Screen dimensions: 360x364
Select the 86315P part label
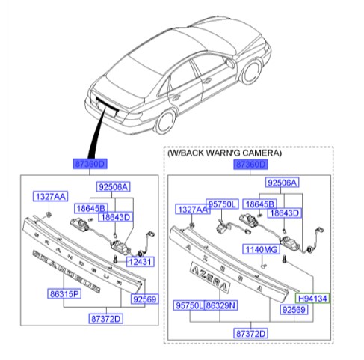pyautogui.click(x=65, y=294)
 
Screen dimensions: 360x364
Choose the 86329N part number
pyautogui.click(x=220, y=306)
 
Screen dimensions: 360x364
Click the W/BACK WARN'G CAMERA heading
pyautogui.click(x=224, y=153)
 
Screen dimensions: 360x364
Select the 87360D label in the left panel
pyautogui.click(x=90, y=164)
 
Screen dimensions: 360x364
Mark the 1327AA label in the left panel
pyautogui.click(x=49, y=196)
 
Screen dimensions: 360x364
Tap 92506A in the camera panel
pyautogui.click(x=282, y=183)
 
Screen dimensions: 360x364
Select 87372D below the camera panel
pyautogui.click(x=253, y=332)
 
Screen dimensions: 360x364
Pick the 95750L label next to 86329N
pyautogui.click(x=188, y=306)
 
